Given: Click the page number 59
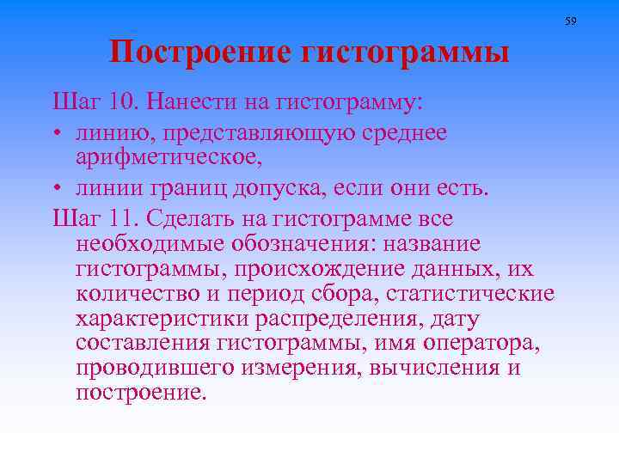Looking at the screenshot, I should point(570,20).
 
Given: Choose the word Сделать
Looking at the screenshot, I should point(184,218).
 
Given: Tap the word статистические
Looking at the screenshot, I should point(470,293).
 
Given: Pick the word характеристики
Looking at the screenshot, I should point(162,319).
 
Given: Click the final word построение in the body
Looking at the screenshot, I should point(141,394).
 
